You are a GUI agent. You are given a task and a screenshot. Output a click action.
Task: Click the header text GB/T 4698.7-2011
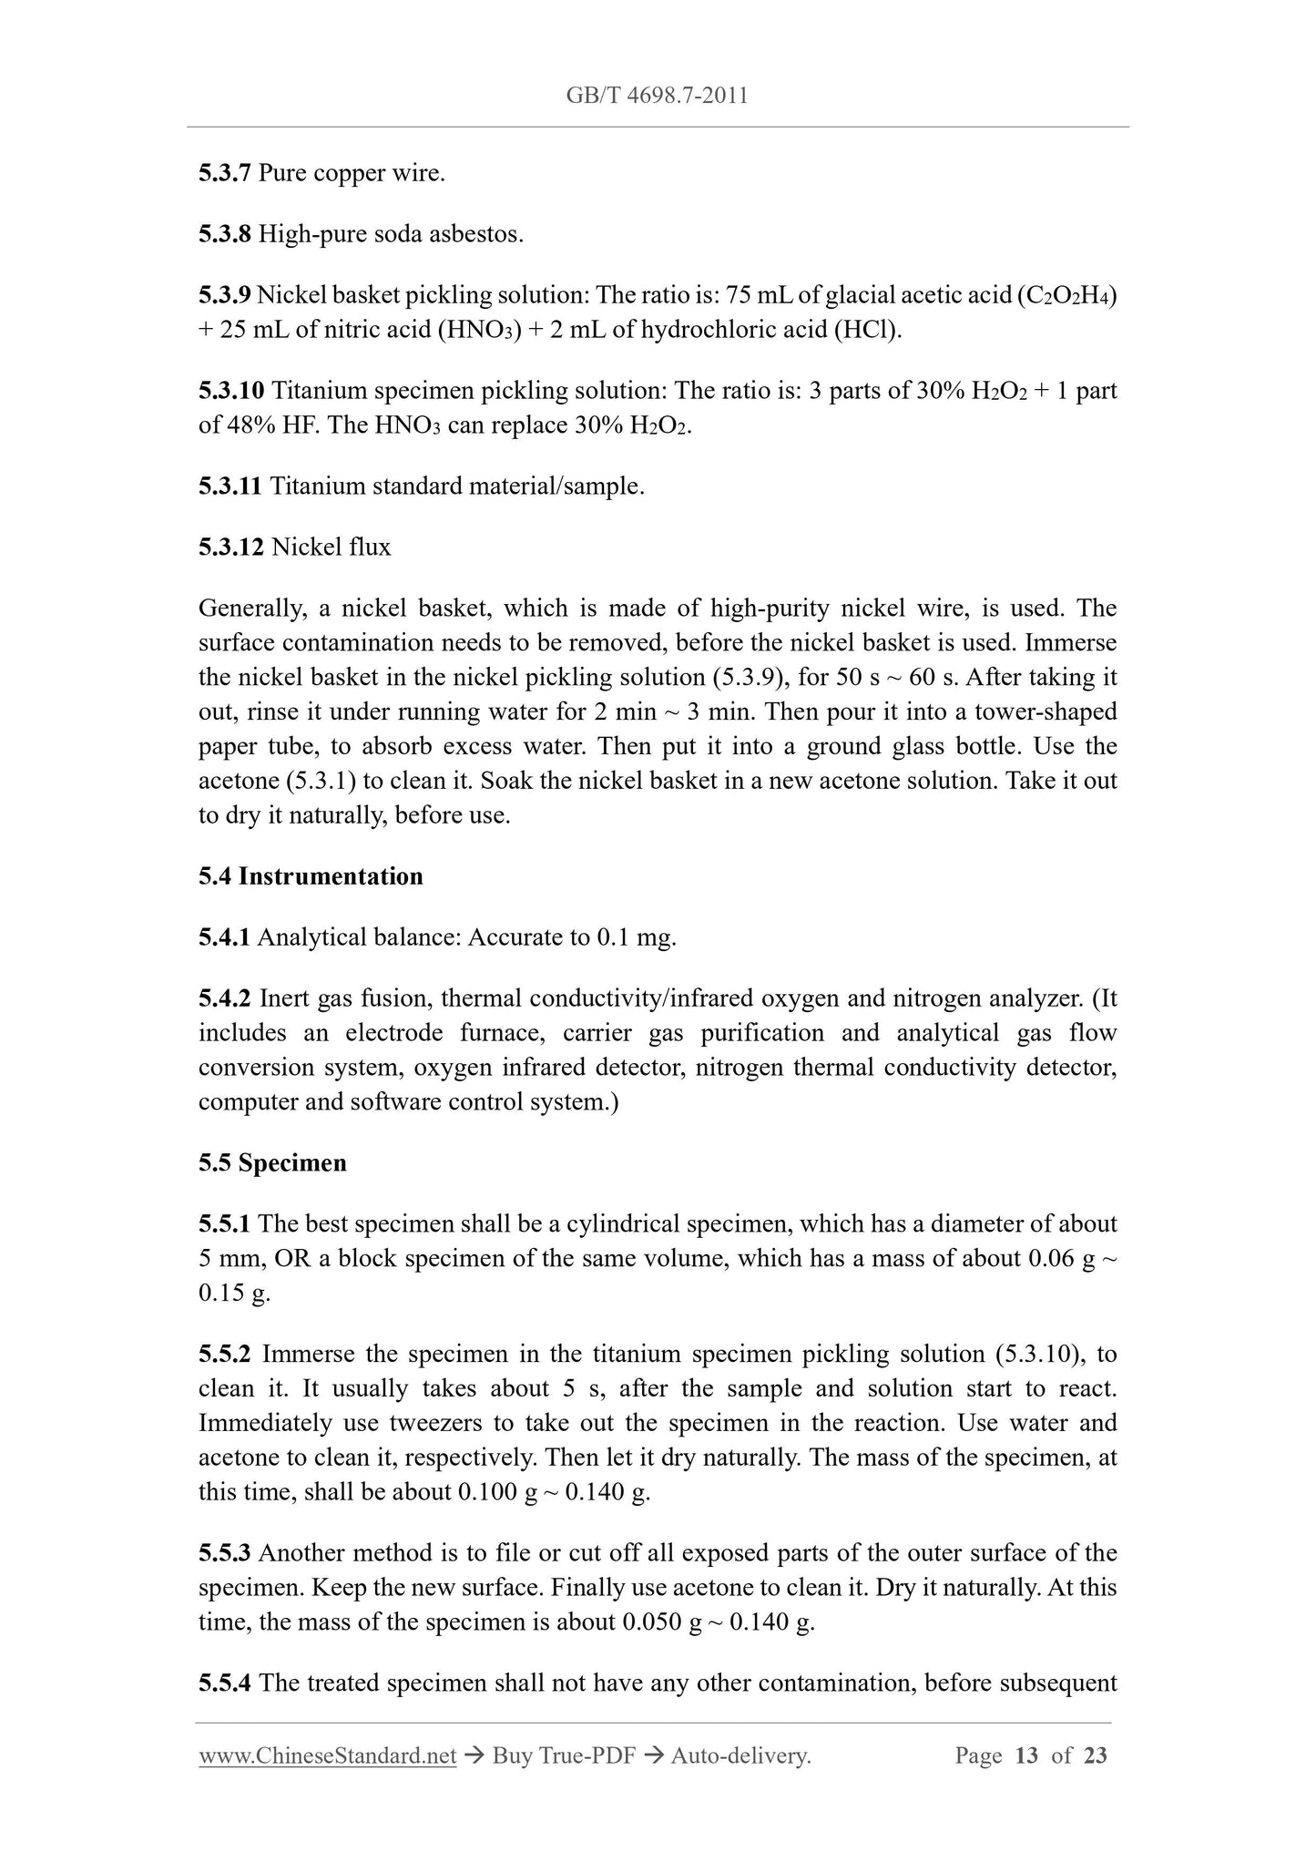(657, 95)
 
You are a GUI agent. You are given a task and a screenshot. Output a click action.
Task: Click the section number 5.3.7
(224, 173)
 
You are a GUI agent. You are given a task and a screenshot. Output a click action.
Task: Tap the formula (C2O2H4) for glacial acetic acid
(1066, 295)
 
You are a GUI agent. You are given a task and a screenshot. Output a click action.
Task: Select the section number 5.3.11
(230, 486)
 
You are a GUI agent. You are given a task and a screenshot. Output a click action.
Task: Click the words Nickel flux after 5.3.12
(332, 547)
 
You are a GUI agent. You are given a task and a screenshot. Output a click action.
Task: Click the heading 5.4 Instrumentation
(311, 876)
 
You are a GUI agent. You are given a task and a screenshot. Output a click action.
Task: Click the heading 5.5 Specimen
(272, 1163)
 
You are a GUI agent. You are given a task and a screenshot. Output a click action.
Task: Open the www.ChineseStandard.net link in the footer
(327, 1756)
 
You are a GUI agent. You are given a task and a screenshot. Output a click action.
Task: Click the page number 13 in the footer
(1025, 1756)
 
